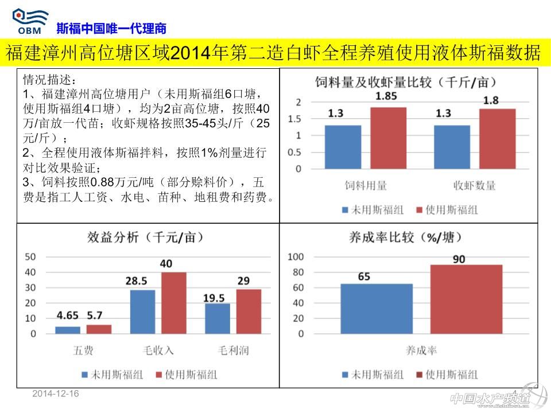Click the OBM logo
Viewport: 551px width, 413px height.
(x=30, y=21)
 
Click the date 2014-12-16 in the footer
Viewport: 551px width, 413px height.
(x=56, y=393)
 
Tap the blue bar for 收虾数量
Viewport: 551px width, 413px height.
(x=452, y=147)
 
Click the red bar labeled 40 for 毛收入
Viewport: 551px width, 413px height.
(x=173, y=302)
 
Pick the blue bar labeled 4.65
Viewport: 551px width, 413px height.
(x=68, y=330)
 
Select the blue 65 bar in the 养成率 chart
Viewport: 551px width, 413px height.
(x=376, y=309)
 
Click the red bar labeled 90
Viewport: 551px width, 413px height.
(x=466, y=299)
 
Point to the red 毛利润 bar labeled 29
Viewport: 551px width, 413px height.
(x=249, y=311)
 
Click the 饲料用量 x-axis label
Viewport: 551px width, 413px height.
(x=366, y=185)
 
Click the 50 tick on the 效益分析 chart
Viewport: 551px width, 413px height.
(x=30, y=256)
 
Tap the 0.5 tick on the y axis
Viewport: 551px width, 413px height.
(x=294, y=153)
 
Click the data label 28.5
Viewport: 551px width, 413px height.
(x=137, y=280)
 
